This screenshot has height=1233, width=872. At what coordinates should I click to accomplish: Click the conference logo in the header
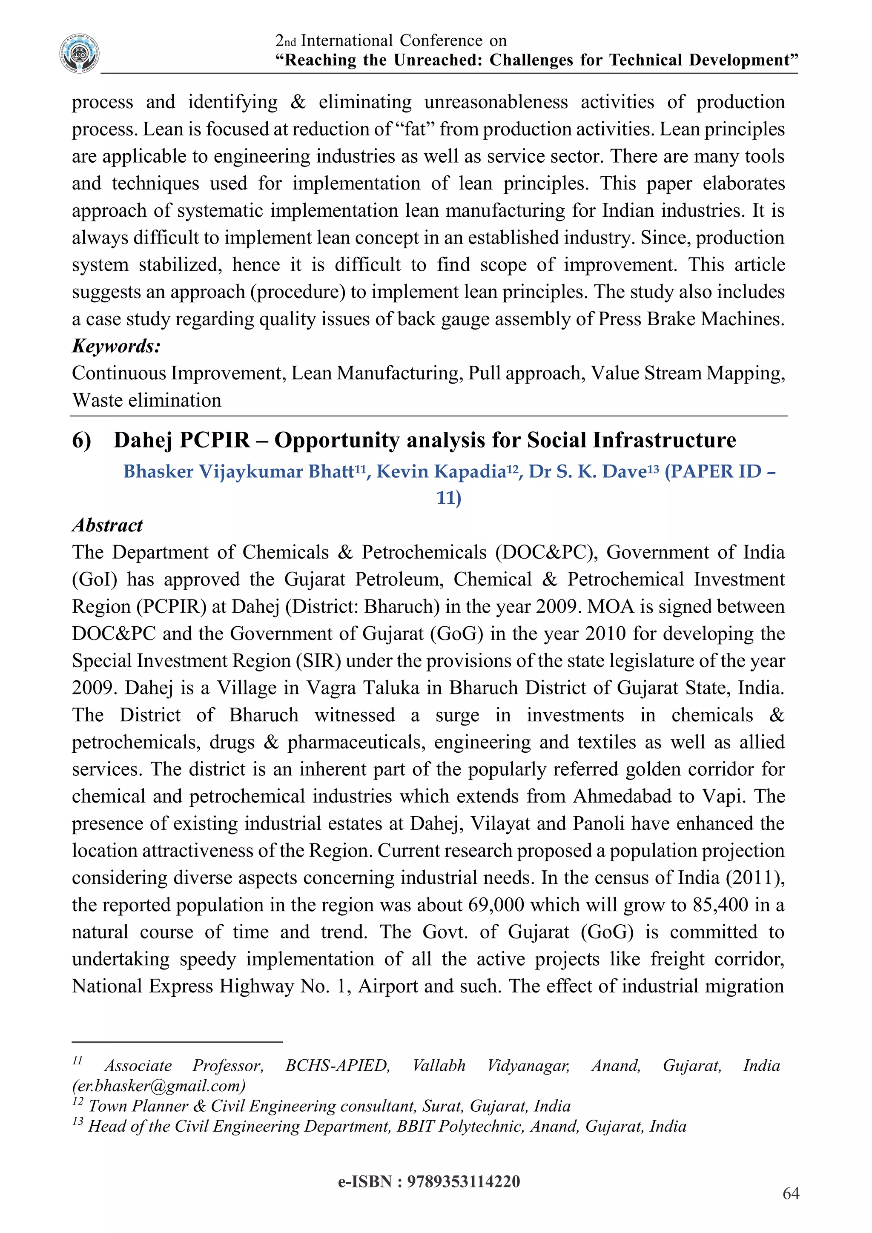80,53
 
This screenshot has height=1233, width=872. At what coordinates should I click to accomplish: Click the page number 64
791,1194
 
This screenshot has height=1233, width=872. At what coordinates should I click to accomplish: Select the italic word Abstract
107,525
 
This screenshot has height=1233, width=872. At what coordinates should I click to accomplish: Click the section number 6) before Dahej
82,440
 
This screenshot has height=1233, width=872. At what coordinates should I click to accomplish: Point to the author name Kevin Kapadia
442,471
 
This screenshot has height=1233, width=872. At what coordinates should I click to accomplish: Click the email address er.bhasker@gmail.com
159,1086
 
